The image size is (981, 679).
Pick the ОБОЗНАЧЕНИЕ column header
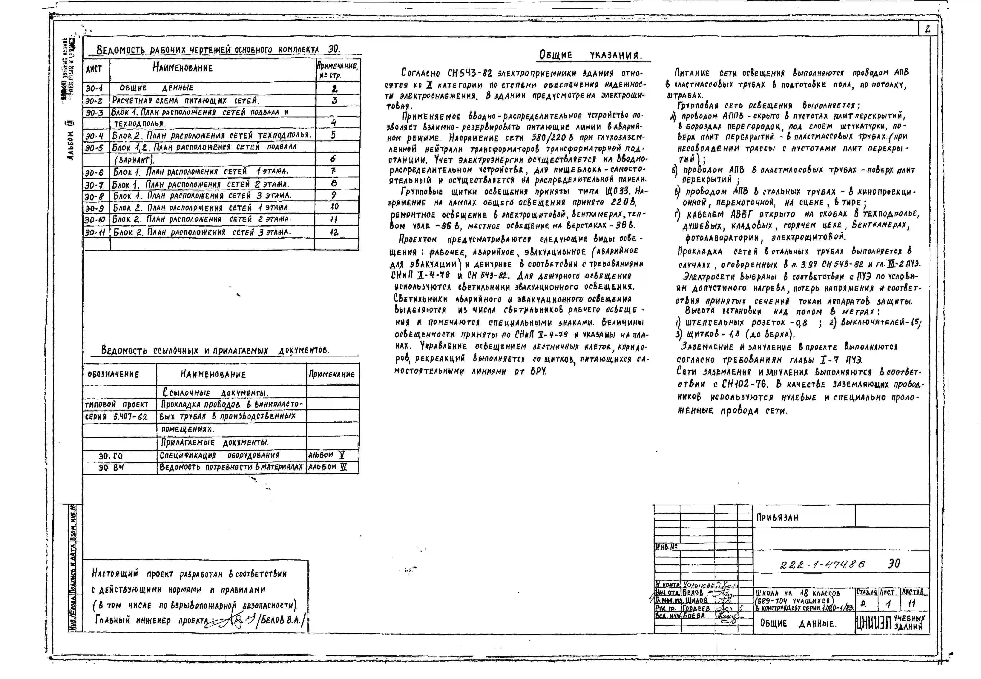(x=113, y=374)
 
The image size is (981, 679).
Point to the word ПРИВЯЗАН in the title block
(x=777, y=518)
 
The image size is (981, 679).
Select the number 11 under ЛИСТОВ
(x=912, y=603)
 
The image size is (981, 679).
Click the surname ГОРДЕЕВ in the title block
(x=696, y=608)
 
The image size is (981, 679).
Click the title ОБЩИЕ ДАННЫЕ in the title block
(x=798, y=624)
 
